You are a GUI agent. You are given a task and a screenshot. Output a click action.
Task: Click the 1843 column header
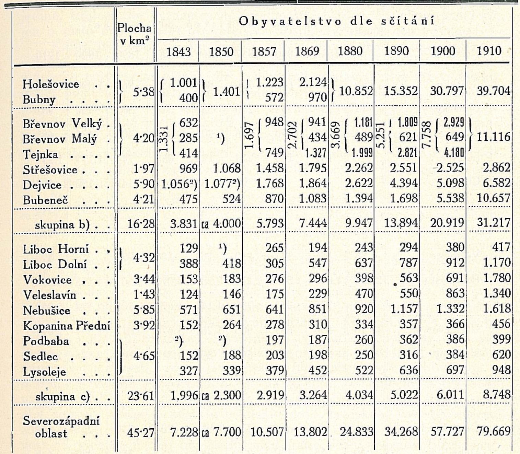178,52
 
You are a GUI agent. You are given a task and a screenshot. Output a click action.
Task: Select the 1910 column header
489,51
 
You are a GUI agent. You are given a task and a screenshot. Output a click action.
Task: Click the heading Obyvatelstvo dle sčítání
336,21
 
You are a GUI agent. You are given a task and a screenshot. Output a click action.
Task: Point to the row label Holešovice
51,84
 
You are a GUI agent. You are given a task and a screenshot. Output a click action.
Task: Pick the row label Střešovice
50,170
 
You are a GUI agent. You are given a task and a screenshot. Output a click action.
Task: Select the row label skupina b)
62,225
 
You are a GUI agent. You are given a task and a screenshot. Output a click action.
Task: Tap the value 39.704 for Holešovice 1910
493,91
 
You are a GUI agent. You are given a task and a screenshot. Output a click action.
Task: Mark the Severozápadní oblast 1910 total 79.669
493,431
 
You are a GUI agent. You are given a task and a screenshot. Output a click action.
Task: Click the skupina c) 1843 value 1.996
184,395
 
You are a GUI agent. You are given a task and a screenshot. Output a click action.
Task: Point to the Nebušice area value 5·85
144,310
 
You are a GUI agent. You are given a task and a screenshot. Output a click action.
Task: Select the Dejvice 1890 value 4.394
404,183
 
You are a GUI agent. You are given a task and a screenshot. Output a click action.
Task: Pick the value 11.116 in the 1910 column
493,137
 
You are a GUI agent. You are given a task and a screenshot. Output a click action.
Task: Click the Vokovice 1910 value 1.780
497,278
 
